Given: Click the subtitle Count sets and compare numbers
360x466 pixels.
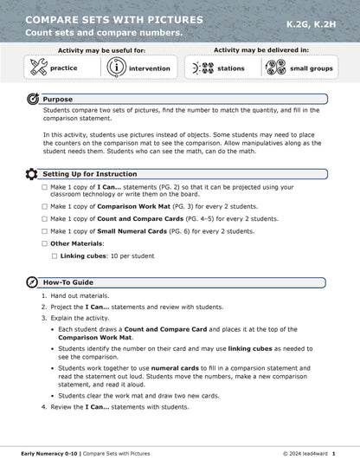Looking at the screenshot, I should [x=103, y=33].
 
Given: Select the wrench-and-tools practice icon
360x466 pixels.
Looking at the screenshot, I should [x=38, y=68].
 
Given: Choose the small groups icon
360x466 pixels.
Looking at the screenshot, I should [x=277, y=68].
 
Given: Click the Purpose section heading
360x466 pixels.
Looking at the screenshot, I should [x=58, y=100].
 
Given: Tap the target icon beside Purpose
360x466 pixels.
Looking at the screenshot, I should [x=32, y=100].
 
